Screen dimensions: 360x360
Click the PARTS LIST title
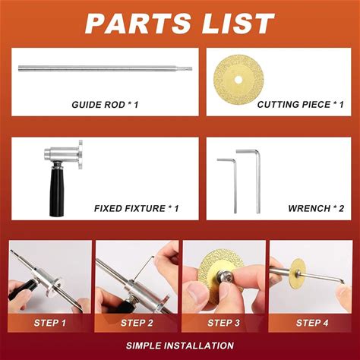click(180, 24)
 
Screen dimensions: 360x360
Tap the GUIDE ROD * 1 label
click(105, 105)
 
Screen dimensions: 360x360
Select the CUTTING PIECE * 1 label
click(301, 104)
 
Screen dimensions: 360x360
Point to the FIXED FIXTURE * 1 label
click(137, 208)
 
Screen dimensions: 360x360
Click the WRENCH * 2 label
click(316, 208)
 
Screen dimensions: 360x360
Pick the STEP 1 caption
click(50, 323)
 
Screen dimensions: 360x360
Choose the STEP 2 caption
click(137, 323)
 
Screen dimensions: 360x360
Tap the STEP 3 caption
click(223, 323)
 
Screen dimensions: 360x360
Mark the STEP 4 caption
click(312, 323)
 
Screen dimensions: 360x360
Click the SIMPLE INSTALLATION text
click(180, 346)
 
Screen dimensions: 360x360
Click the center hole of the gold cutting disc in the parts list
click(238, 80)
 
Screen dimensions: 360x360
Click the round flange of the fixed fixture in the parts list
click(81, 154)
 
